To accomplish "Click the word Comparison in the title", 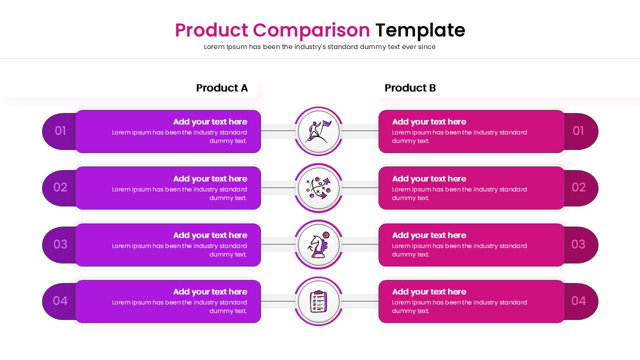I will click(x=311, y=30).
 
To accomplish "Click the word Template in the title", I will click(x=420, y=30).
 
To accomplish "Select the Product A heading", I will click(x=221, y=88).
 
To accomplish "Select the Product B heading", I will click(x=410, y=88).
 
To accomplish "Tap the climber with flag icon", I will click(x=318, y=131).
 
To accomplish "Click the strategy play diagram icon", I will click(x=318, y=188).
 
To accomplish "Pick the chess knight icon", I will click(x=318, y=245).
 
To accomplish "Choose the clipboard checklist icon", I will click(x=318, y=301).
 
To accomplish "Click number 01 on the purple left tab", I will click(x=60, y=131).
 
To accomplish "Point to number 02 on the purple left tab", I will click(x=60, y=187).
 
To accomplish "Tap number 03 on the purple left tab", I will click(x=60, y=244).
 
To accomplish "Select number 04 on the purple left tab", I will click(x=60, y=301).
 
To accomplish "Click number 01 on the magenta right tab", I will click(x=578, y=131).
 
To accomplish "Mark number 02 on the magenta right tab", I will click(x=578, y=187).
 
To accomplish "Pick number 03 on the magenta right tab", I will click(x=578, y=244).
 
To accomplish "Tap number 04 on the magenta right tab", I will click(x=578, y=301).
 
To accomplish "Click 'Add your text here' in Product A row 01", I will click(x=210, y=122).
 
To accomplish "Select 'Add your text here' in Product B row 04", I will click(x=429, y=292).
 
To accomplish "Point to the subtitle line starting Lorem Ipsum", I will click(x=319, y=47).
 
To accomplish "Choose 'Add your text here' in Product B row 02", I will click(x=429, y=179).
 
